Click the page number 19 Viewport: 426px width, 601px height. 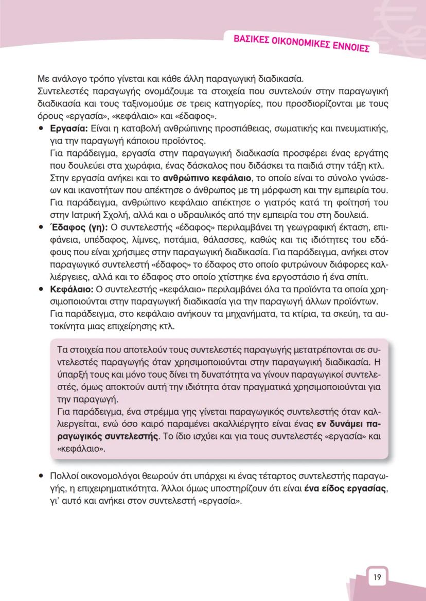pos(377,577)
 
